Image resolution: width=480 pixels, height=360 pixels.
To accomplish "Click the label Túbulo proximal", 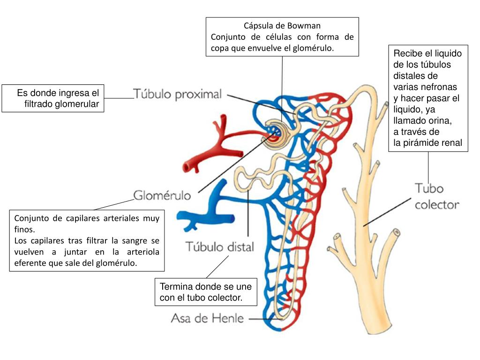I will coord(178,95).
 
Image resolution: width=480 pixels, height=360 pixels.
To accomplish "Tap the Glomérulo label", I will coord(162,195).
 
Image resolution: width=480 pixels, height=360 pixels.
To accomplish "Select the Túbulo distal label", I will coord(220,247).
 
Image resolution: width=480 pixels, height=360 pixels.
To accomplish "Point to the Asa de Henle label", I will coord(207,319).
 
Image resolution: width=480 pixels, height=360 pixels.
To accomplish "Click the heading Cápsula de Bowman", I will coord(282,25).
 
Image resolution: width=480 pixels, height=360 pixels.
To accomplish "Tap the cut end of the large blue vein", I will coord(232,218).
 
